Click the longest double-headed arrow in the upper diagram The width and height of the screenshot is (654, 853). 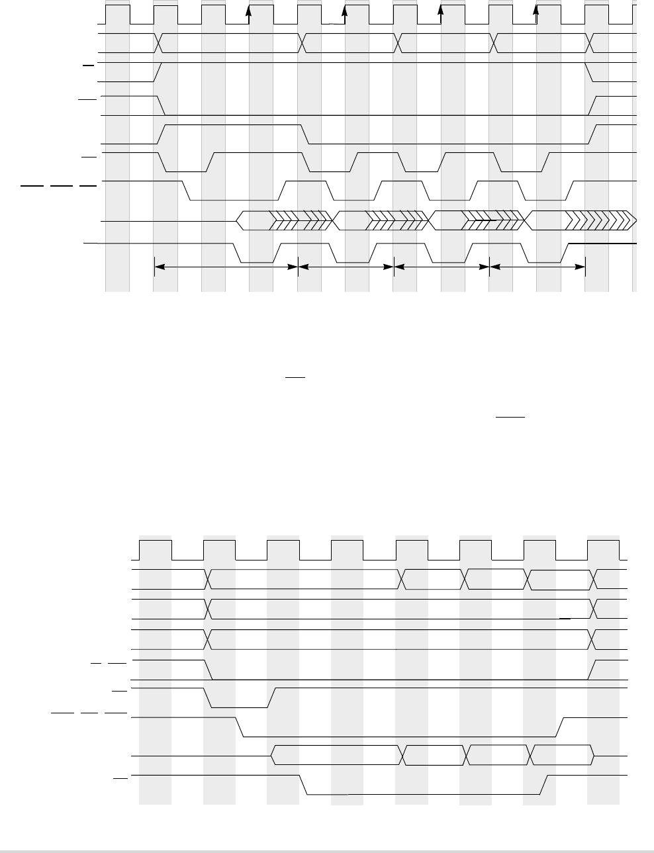tap(226, 267)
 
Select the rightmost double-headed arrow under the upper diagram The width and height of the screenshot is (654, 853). tap(537, 267)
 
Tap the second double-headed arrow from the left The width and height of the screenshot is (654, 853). tap(346, 267)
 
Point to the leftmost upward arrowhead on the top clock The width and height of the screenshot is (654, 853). tap(249, 11)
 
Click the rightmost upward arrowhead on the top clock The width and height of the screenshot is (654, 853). tap(536, 11)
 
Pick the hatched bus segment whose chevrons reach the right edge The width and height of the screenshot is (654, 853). tap(580, 220)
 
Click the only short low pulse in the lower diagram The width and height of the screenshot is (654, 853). tap(240, 698)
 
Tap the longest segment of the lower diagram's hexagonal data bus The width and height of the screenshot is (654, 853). tap(338, 755)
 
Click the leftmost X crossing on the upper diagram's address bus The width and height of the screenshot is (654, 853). tap(159, 43)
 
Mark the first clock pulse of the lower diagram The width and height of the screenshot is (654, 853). tap(156, 550)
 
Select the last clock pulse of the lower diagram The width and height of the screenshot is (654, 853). tap(604, 550)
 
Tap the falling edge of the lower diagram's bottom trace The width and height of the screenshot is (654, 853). tap(304, 784)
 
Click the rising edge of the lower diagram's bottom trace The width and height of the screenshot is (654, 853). tap(543, 784)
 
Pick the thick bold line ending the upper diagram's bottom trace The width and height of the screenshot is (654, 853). tap(602, 244)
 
